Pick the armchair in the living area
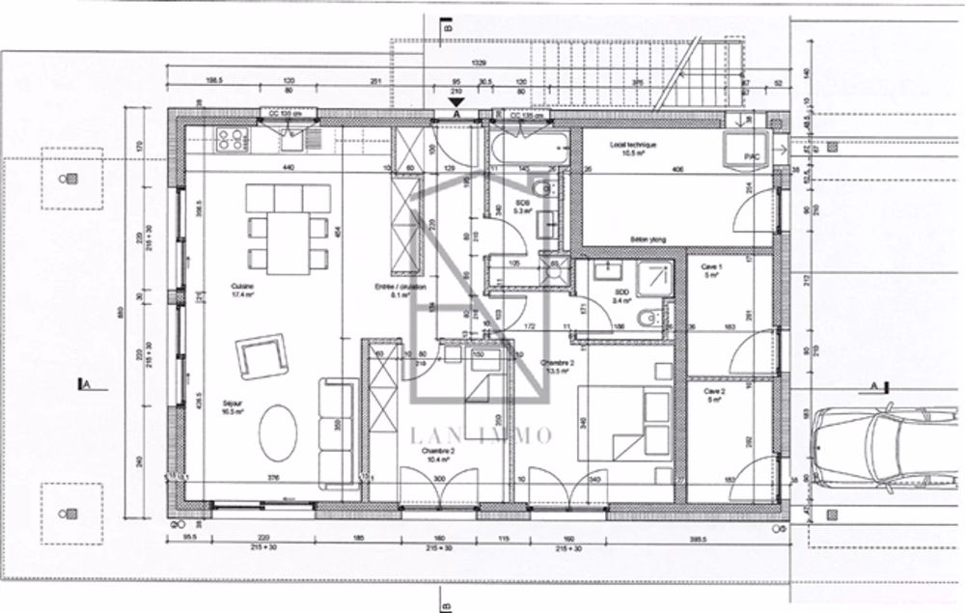262,355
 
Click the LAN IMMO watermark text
482,435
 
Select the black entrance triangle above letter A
456,99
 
